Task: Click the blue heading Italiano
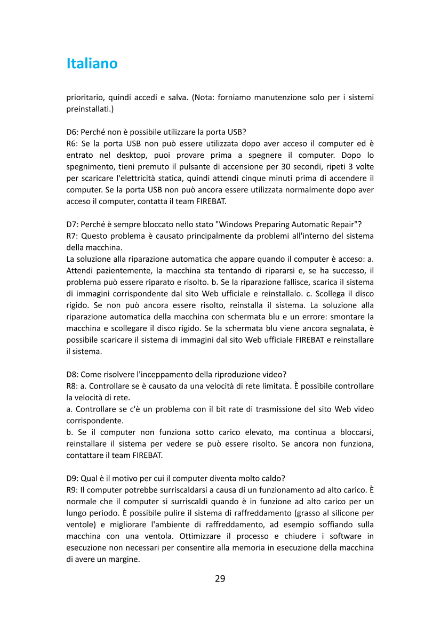pyautogui.click(x=92, y=63)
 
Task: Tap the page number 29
pyautogui.click(x=220, y=578)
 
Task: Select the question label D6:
pyautogui.click(x=73, y=132)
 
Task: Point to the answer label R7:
pyautogui.click(x=73, y=236)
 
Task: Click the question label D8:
pyautogui.click(x=73, y=374)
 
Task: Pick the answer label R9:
pyautogui.click(x=73, y=490)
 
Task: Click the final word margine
pyautogui.click(x=123, y=559)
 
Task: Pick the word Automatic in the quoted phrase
pyautogui.click(x=306, y=224)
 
